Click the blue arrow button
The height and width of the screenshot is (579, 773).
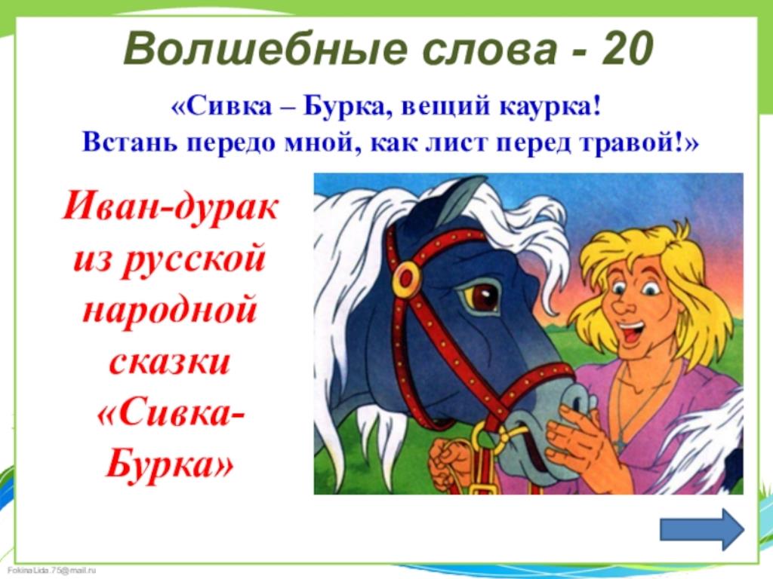(x=702, y=528)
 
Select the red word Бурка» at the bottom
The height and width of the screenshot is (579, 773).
(x=169, y=464)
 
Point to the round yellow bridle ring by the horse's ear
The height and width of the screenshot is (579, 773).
(x=406, y=277)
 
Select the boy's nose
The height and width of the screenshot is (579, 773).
(x=622, y=304)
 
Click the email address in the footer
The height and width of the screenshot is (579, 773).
(x=52, y=571)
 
